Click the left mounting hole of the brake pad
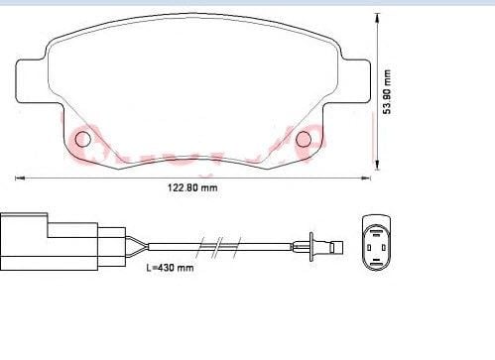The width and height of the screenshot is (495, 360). [x=83, y=137]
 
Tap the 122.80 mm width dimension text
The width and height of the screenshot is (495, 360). [x=188, y=188]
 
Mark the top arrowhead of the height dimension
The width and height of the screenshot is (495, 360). [x=378, y=22]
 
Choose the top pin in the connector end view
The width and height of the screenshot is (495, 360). [x=376, y=227]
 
